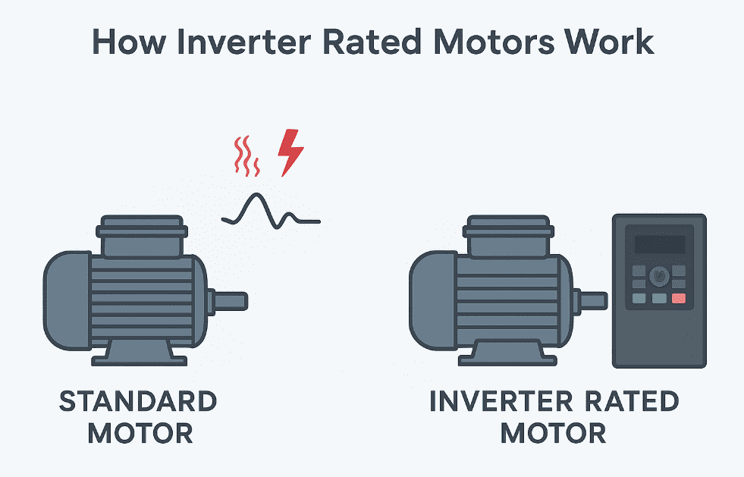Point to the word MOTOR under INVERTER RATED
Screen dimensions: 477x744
tap(553, 434)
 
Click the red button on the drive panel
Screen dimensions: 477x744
tap(679, 299)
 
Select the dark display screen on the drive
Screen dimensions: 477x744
tap(659, 244)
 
